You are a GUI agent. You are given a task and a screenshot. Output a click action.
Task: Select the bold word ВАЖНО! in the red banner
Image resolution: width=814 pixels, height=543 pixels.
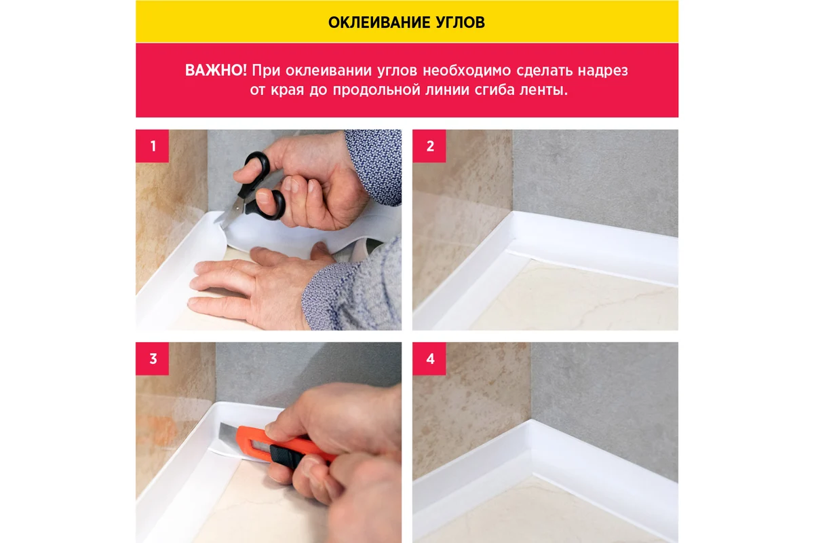coord(216,70)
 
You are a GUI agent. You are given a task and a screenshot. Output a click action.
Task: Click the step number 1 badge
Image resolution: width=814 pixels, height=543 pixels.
coord(152,146)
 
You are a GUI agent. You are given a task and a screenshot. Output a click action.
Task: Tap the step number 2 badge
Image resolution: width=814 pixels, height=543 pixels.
coord(429,146)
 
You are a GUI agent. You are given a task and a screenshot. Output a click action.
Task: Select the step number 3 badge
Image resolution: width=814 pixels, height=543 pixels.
coord(152,358)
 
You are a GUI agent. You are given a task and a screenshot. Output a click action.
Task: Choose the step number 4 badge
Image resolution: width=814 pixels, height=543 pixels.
coord(429,358)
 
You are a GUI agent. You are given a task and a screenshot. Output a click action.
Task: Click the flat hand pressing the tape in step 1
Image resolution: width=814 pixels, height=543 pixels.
coord(254,284)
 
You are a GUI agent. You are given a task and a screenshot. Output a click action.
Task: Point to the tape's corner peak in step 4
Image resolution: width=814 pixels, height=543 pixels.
coord(531,420)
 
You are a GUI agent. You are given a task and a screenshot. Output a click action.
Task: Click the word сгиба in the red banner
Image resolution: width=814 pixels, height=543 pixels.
coord(495,90)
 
